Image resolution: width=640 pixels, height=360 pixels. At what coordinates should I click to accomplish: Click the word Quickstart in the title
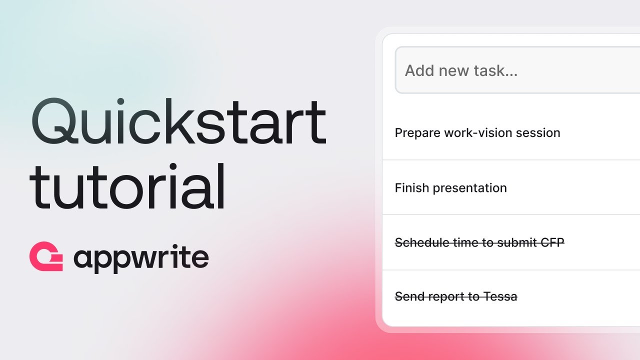178,123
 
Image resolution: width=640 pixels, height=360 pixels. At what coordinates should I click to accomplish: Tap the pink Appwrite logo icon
46,257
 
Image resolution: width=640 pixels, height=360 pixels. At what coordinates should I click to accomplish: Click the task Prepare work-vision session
477,133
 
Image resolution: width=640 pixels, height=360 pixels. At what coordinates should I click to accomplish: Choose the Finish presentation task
450,188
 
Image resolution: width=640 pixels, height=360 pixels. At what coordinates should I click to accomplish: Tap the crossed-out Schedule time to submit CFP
479,242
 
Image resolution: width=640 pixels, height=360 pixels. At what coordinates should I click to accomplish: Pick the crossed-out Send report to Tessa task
456,297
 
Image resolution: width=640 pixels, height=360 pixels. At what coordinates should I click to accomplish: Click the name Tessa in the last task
500,297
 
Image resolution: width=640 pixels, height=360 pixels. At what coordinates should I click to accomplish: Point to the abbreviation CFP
552,242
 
